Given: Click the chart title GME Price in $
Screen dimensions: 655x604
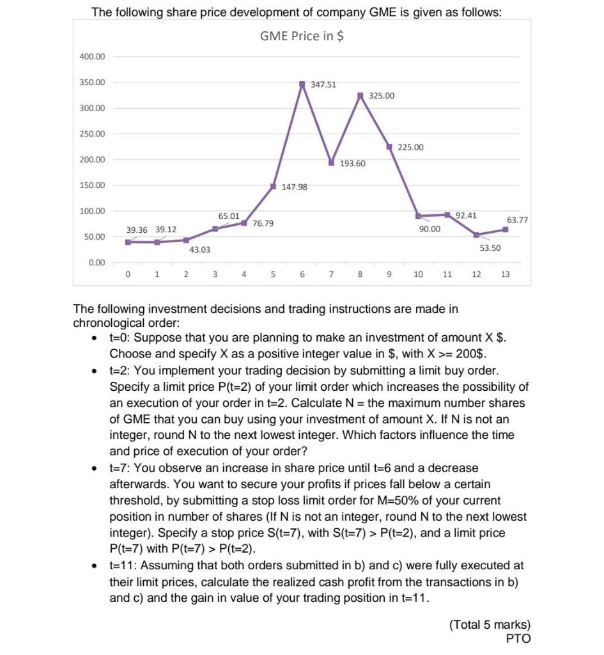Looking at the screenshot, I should point(302,36).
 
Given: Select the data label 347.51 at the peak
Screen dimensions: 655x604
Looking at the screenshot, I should point(323,84).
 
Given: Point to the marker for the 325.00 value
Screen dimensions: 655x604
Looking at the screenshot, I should point(360,96).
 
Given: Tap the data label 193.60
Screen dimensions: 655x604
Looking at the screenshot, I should point(352,164).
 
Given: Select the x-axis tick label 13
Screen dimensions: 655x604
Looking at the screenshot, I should point(506,275).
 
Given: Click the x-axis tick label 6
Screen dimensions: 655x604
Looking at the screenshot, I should point(302,275).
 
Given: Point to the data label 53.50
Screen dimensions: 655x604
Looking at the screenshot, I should point(490,248).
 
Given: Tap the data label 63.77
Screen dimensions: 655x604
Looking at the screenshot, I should point(517,219).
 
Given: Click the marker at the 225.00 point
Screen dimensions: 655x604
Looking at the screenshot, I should point(389,147).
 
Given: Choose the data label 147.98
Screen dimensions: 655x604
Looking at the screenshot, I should point(295,187).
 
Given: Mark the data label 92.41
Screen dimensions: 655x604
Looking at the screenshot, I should point(466,216).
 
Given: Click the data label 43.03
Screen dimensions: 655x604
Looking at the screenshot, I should point(199,249).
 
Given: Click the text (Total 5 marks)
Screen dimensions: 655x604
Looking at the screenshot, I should point(490,625).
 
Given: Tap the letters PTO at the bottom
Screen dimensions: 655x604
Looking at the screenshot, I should point(518,638).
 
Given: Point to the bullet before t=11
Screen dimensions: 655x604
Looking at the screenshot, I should point(94,565).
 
